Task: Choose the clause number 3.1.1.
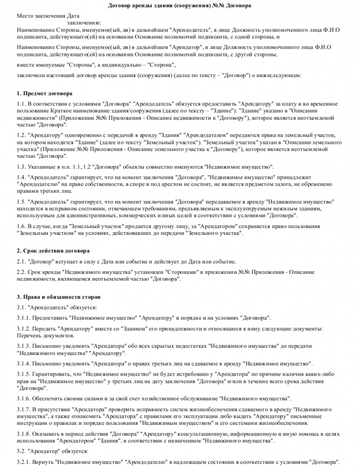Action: [24, 318]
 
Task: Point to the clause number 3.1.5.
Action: [24, 374]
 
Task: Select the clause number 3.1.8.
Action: [24, 434]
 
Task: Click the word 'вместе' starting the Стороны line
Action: [26, 65]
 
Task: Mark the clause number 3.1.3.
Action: [24, 346]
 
